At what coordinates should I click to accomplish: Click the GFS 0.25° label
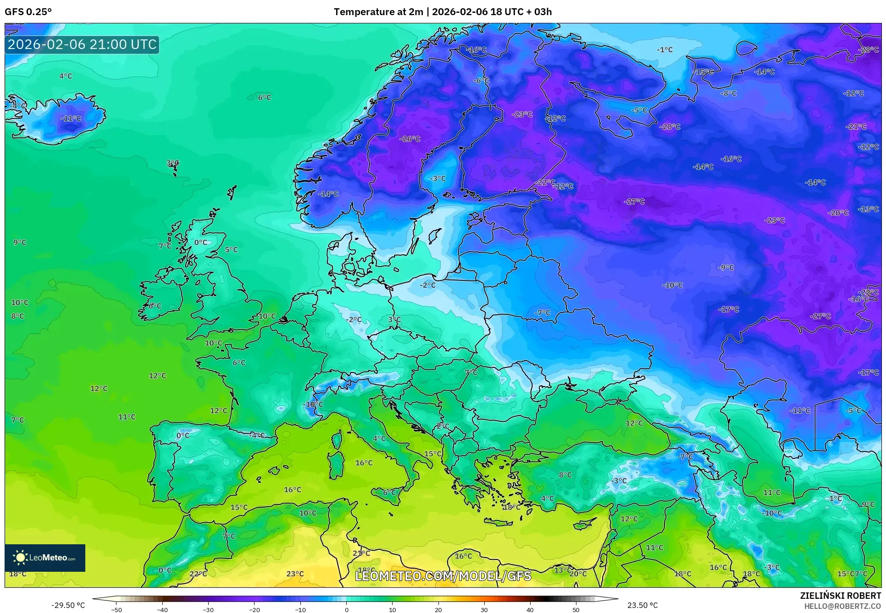coord(28,12)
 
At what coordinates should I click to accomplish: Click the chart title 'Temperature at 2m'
coord(378,12)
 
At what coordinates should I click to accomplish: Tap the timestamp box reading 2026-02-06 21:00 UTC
coord(82,44)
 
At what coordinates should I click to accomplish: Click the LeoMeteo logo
coord(45,558)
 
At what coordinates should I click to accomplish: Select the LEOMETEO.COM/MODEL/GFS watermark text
coord(443,576)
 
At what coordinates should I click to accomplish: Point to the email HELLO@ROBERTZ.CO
coord(842,606)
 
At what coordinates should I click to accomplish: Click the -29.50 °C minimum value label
coord(68,605)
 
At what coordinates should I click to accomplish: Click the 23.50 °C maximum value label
coord(642,605)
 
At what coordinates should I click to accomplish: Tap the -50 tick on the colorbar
coord(116,610)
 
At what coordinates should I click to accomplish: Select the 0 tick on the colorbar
coord(346,610)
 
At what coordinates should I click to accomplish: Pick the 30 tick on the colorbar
coord(484,610)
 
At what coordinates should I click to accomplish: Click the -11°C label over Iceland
coord(71,118)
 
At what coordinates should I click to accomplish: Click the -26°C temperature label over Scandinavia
coord(410,139)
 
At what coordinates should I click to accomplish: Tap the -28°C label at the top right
coord(868,49)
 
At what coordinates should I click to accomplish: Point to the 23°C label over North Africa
coord(295,574)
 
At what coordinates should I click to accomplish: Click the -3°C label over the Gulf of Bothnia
coord(437,179)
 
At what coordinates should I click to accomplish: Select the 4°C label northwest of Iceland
coord(66,76)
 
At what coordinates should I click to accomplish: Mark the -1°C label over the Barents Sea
coord(664,49)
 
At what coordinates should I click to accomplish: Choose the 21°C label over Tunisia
coord(361,553)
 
